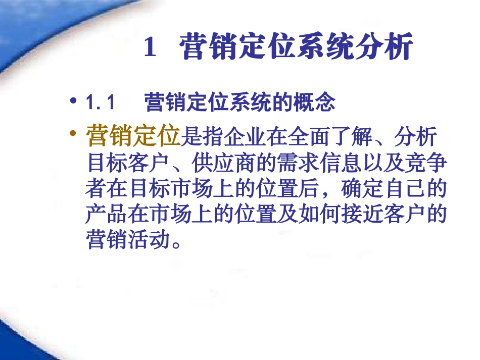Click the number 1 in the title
(x=150, y=48)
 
